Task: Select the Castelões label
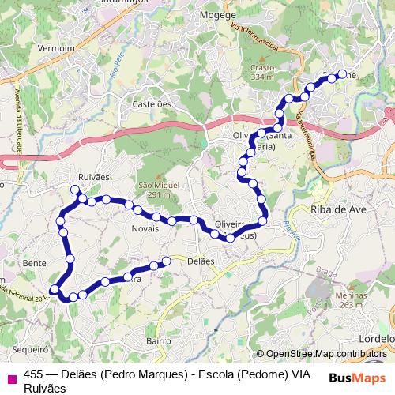coord(152,103)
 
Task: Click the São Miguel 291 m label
coord(154,190)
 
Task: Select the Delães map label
coord(201,261)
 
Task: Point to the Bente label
coord(36,262)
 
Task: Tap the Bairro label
coord(159,340)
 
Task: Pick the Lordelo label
coord(376,337)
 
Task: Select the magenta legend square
coord(11,376)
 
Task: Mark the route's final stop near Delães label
coord(166,261)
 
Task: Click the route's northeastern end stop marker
coord(342,74)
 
